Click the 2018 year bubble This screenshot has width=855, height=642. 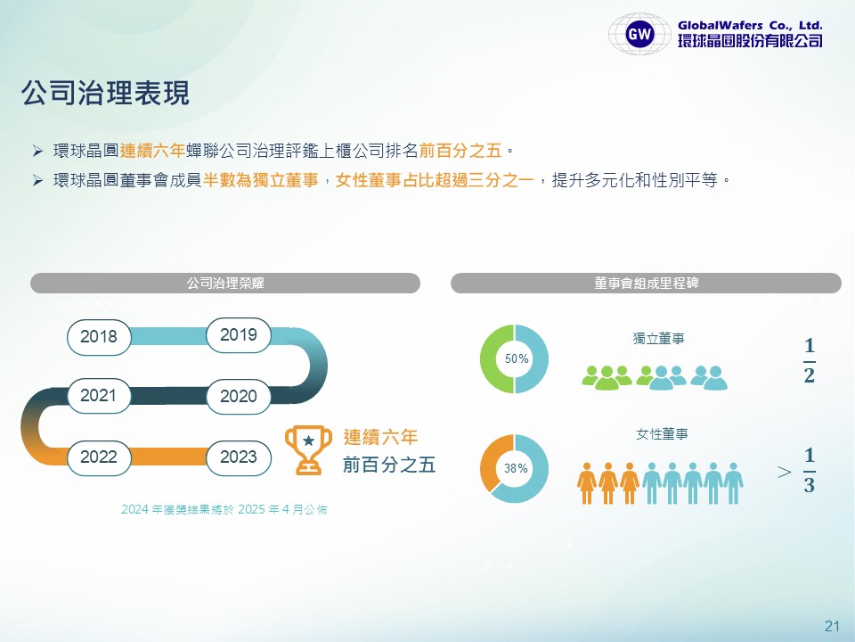[99, 337]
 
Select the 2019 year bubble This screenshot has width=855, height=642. [239, 334]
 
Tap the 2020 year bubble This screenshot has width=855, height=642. [239, 396]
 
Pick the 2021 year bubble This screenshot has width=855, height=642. [99, 395]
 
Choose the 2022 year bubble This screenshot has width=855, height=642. [99, 457]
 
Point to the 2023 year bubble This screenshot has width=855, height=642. [239, 457]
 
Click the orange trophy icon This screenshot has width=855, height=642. [308, 449]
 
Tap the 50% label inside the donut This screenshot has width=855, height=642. [517, 358]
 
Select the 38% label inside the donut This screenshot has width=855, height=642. [516, 468]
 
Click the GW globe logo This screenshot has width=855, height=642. [639, 34]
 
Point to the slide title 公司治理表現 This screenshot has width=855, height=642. [105, 93]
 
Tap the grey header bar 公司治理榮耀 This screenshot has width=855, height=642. [225, 283]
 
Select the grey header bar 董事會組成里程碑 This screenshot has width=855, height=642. [647, 283]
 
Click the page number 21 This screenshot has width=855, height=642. [832, 626]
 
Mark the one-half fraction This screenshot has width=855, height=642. [810, 361]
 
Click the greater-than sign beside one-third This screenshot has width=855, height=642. [784, 472]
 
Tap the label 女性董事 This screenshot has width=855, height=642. [662, 434]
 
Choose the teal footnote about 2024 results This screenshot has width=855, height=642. [224, 509]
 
